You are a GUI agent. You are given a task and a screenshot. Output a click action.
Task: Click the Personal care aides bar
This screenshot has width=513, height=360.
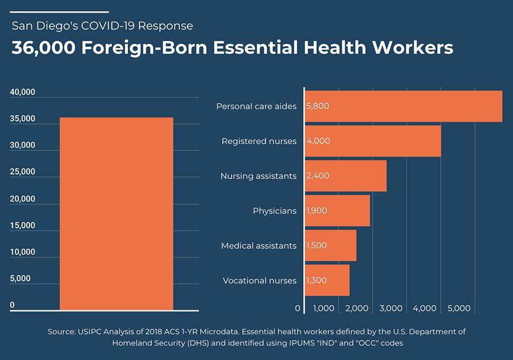(x=404, y=106)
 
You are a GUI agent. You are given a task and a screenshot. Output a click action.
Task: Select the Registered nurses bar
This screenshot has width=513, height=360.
(x=373, y=141)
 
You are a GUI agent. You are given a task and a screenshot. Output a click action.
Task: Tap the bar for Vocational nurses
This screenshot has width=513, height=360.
(x=327, y=280)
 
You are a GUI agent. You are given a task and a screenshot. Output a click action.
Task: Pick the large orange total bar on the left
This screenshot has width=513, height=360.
(x=116, y=213)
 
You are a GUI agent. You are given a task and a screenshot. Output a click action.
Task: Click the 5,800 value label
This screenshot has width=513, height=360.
(x=317, y=106)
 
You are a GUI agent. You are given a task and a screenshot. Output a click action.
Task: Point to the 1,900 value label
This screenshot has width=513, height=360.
(x=317, y=211)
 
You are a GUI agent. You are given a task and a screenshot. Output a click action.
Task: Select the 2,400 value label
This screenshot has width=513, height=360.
(x=317, y=176)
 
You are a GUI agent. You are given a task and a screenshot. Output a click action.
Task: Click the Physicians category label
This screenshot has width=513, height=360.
(x=275, y=211)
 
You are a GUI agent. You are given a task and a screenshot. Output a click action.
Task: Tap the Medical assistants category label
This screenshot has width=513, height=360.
(x=259, y=246)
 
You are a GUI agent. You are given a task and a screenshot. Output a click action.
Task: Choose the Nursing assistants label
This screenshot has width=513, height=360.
(x=258, y=176)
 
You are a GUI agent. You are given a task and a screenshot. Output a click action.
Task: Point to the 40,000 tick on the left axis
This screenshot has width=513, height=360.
(x=23, y=92)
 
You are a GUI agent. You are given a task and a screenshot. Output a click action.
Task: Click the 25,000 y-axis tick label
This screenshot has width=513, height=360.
(x=23, y=172)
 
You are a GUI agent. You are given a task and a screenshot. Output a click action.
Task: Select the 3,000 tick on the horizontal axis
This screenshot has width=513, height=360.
(x=391, y=309)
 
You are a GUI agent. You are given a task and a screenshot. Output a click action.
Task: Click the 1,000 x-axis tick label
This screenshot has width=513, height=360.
(x=324, y=309)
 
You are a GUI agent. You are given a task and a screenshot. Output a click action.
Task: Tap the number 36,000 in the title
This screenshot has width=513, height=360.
(x=43, y=47)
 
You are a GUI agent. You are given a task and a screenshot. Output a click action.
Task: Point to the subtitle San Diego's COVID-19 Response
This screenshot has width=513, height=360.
(x=103, y=26)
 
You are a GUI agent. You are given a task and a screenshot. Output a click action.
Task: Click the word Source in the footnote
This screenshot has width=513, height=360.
(x=62, y=331)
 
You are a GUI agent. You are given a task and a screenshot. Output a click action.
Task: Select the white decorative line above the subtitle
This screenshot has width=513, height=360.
(x=60, y=11)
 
